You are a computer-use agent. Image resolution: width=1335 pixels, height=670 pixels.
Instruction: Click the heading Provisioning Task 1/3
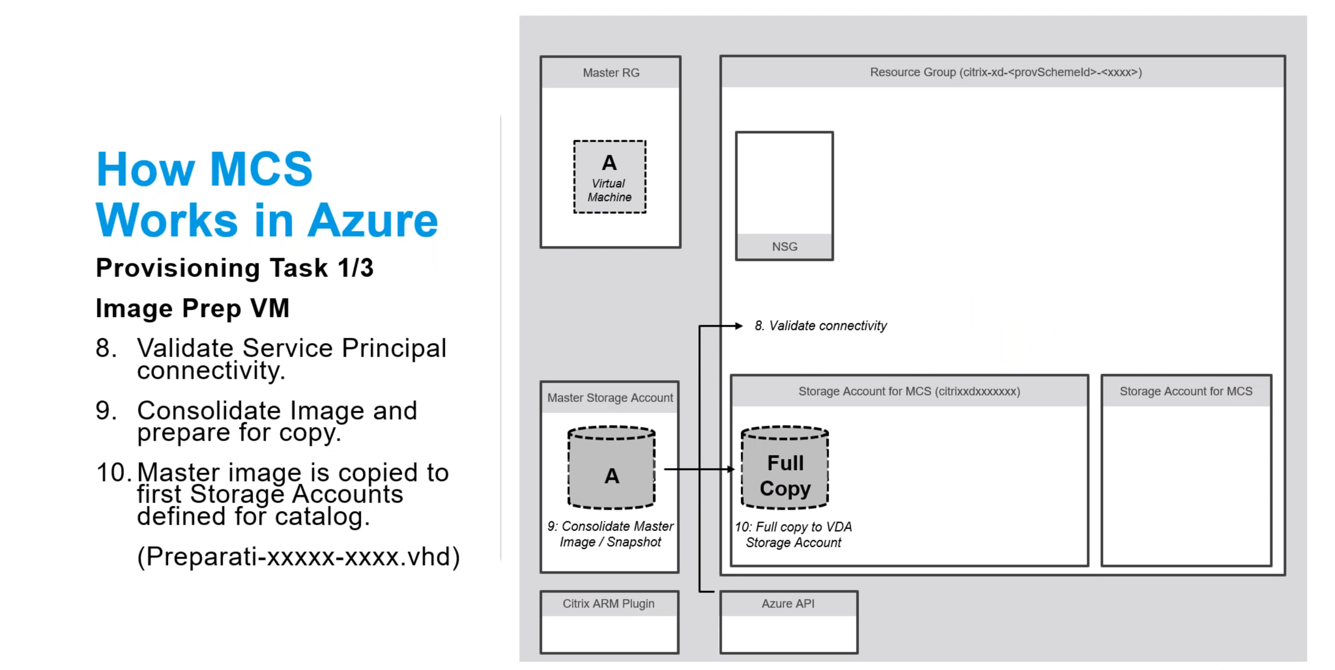point(234,268)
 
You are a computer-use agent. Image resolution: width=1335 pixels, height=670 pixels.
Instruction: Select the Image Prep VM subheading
point(192,308)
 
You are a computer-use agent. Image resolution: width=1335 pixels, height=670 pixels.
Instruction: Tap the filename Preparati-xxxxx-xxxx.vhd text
point(298,557)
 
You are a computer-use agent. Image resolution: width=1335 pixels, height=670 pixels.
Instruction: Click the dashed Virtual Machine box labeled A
point(609,177)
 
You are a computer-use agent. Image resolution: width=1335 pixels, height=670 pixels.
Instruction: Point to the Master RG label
point(611,73)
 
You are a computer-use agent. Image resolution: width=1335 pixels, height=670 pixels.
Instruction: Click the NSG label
point(784,247)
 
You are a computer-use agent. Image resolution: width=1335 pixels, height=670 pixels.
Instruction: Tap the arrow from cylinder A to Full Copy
point(697,469)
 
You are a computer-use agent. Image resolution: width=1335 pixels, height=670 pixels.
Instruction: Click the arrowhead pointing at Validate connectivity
point(739,326)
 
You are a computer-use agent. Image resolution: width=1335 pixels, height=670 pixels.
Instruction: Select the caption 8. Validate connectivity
point(820,326)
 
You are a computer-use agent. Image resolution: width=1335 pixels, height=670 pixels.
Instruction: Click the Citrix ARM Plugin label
point(608,604)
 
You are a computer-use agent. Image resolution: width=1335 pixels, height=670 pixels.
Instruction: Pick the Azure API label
point(788,604)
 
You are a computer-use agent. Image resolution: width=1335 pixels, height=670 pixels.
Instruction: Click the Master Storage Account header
point(610,398)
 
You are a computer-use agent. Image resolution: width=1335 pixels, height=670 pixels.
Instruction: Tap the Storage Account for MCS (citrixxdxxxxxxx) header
point(909,392)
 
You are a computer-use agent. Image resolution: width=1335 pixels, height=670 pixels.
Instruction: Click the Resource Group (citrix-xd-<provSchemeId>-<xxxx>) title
point(1006,72)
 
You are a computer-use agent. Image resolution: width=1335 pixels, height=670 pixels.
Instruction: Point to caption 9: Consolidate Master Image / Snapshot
point(610,534)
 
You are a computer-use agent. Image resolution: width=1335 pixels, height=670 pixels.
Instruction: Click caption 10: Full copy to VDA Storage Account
point(793,535)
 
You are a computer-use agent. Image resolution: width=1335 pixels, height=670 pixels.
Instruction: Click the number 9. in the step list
point(106,411)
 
